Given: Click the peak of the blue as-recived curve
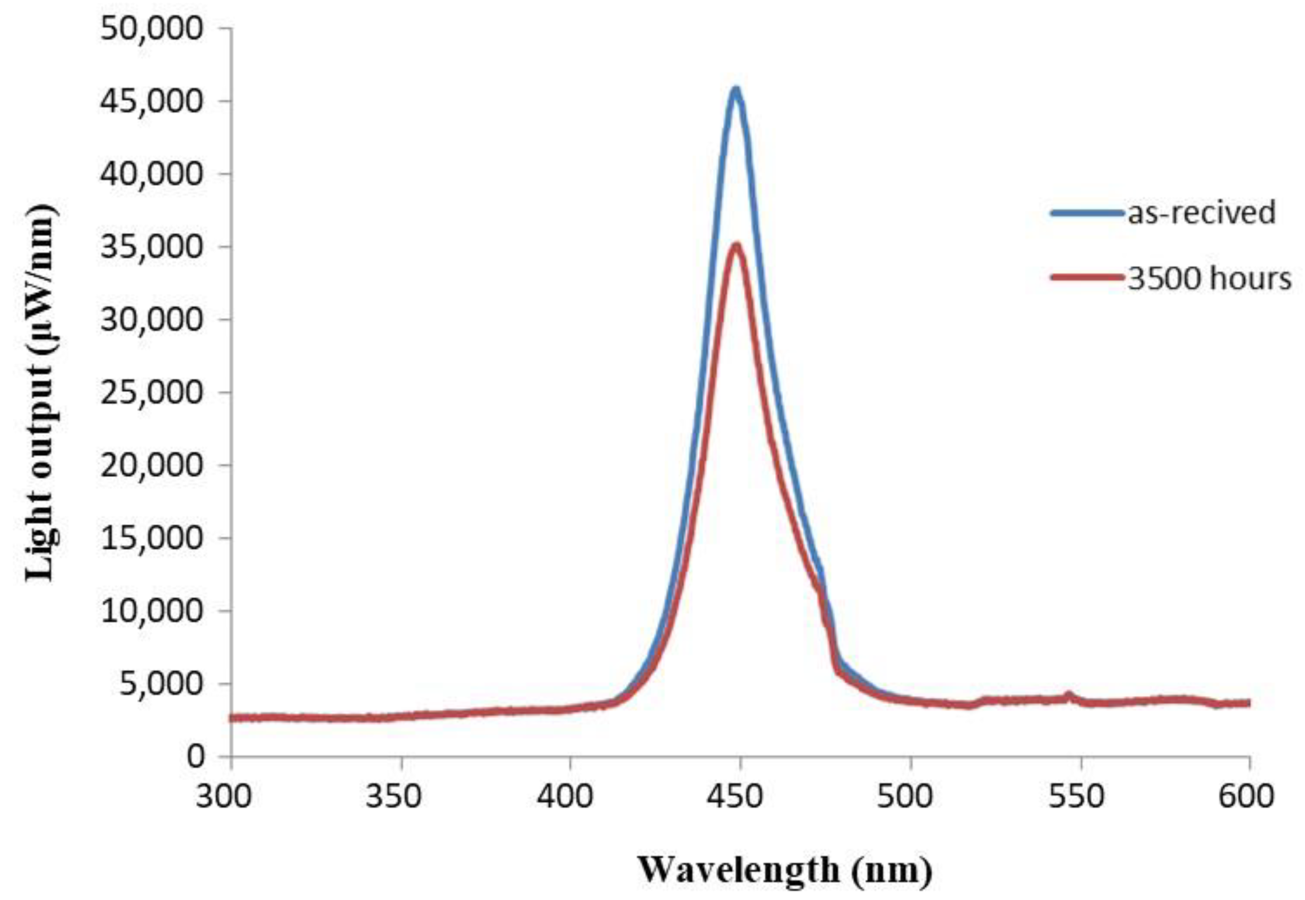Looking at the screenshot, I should coord(735,89).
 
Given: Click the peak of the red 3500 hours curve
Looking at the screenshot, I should coord(736,245).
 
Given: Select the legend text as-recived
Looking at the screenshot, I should coord(1201,213).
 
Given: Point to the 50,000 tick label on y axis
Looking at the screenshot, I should coord(150,28).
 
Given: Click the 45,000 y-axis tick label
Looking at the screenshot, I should coord(150,101).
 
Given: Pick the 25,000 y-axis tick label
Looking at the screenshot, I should coord(150,393).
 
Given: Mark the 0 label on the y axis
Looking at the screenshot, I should coord(195,756).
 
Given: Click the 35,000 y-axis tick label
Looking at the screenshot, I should coord(150,247).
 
